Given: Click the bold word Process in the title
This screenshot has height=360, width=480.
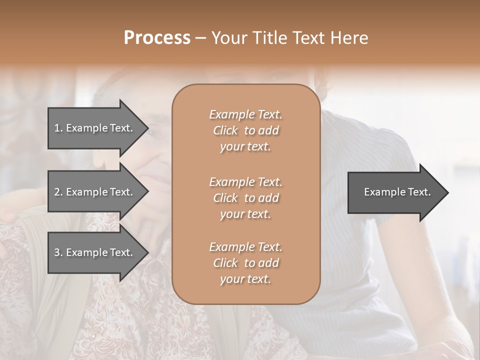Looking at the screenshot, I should click(157, 37).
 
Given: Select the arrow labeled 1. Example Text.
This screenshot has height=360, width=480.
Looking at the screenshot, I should click(95, 128).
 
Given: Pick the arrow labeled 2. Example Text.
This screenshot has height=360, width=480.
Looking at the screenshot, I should click(95, 192).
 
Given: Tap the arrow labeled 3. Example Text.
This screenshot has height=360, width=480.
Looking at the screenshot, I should click(95, 252).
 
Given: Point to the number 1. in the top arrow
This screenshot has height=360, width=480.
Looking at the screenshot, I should click(58, 128).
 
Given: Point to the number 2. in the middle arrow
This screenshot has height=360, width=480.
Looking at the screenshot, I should click(58, 192).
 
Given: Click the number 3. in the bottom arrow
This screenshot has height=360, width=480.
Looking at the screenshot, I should click(58, 252).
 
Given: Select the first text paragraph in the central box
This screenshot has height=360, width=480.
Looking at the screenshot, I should click(246, 130).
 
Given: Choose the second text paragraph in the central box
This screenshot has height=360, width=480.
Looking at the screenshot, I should click(246, 198).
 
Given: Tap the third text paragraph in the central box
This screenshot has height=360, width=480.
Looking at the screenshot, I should click(246, 263).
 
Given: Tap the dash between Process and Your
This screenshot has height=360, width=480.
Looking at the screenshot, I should click(201, 38).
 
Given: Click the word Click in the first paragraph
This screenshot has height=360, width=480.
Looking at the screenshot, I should click(225, 130).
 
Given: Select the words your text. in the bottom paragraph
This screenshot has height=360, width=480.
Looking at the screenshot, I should click(245, 279).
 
